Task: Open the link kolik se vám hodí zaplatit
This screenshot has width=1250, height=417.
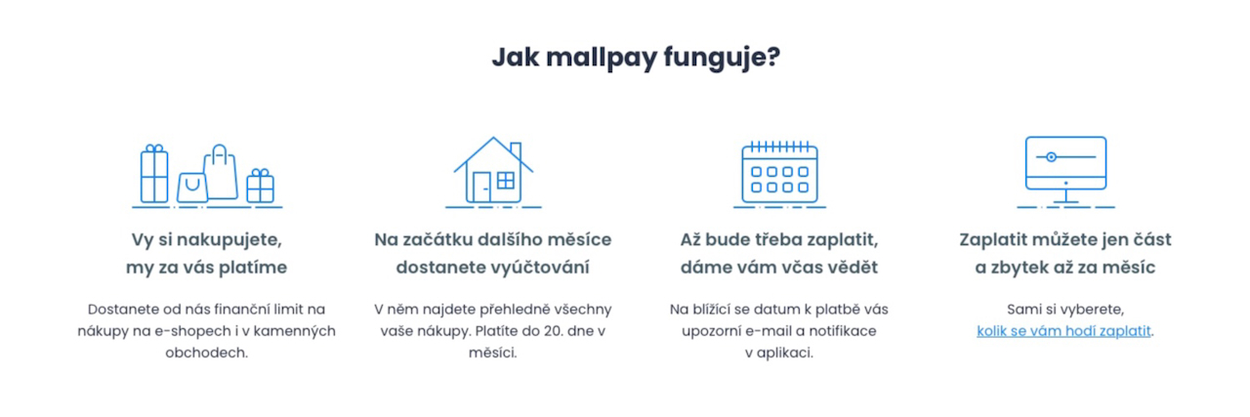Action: pyautogui.click(x=1063, y=331)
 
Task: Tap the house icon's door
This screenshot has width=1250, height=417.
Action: pyautogui.click(x=481, y=188)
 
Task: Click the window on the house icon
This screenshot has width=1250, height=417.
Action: pyautogui.click(x=506, y=181)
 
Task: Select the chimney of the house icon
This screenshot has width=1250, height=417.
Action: pyautogui.click(x=516, y=150)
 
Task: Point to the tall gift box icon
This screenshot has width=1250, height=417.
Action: pyautogui.click(x=154, y=174)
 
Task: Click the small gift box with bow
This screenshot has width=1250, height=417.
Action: pyautogui.click(x=260, y=186)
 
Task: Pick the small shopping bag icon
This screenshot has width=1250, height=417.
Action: pyautogui.click(x=192, y=188)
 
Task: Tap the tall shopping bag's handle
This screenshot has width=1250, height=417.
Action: pyautogui.click(x=220, y=153)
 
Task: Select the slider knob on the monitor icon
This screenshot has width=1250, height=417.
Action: pyautogui.click(x=1051, y=157)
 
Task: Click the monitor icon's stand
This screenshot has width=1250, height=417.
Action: pyautogui.click(x=1065, y=196)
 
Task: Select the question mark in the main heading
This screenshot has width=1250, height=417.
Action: pyautogui.click(x=773, y=56)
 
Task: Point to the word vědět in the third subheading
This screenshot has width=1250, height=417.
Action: pyautogui.click(x=853, y=267)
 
